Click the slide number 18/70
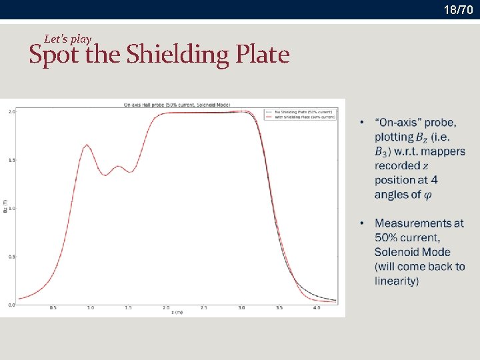coord(459,10)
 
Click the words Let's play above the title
coord(67,39)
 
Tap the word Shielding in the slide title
coord(179,55)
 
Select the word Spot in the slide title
coord(53,55)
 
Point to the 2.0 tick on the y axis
coord(11,112)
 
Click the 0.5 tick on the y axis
coord(11,257)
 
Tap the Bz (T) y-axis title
coord(5,208)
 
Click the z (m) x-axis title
coord(177,313)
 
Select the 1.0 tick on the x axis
coord(91,308)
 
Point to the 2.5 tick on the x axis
coord(203,308)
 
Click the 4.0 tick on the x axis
coord(316,308)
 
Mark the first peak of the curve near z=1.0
coord(87,145)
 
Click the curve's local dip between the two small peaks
coord(105,175)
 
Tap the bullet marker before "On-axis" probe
coord(361,123)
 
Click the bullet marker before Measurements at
coord(361,223)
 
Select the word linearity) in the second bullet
coord(397,281)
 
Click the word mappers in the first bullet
coord(443,151)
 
